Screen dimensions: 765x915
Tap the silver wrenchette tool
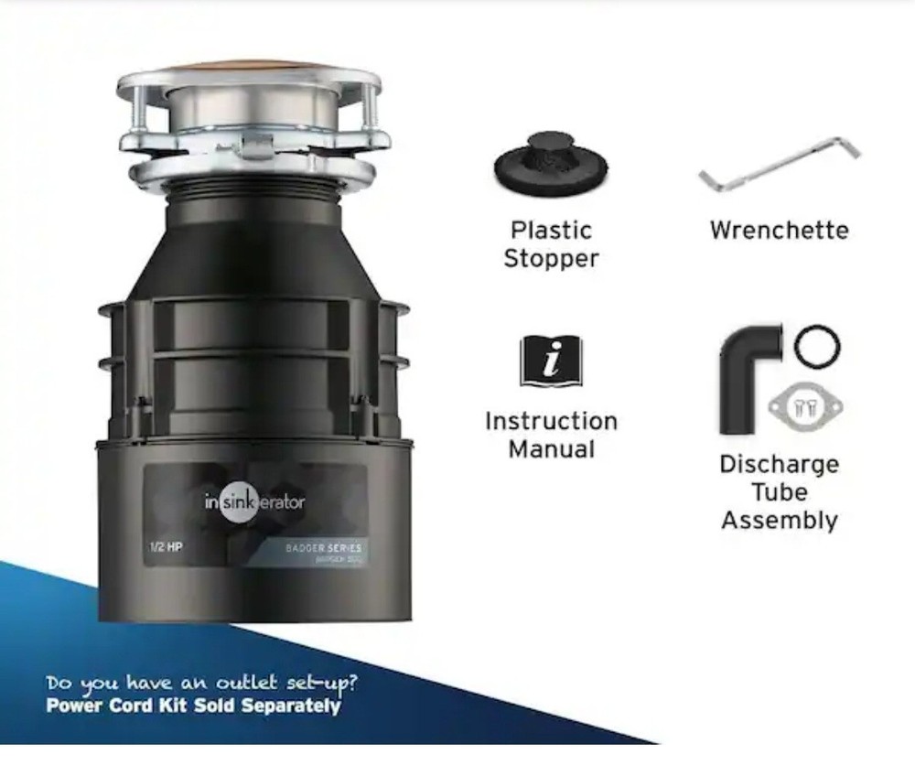click(x=780, y=166)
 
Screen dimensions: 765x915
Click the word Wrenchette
click(x=779, y=229)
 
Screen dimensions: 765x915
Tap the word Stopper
click(x=551, y=258)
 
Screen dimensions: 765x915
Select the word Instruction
click(x=551, y=421)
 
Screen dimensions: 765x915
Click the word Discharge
click(x=779, y=464)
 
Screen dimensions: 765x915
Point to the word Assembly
click(x=779, y=520)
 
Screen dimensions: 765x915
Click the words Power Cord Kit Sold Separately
click(x=193, y=706)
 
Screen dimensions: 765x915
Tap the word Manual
click(x=551, y=449)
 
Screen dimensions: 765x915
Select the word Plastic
click(x=551, y=230)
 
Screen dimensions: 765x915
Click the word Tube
click(x=779, y=492)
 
